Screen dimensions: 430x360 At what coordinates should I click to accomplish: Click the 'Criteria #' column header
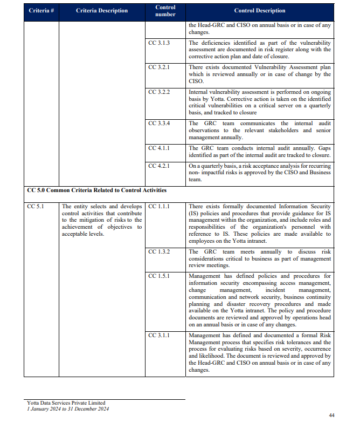40,11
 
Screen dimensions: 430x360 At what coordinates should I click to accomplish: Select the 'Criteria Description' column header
102,11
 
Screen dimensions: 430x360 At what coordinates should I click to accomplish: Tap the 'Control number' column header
165,11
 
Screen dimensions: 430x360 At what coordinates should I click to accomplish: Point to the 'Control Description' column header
260,11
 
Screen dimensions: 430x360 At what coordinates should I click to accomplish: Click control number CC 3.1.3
159,43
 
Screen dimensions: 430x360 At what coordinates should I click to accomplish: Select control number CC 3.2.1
159,67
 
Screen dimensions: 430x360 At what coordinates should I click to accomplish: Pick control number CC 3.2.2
159,92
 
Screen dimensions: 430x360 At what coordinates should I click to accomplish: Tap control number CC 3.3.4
159,124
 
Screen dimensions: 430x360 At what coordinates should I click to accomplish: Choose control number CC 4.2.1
159,166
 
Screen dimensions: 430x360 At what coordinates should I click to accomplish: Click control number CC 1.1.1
159,206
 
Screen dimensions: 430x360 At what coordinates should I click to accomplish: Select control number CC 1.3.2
159,251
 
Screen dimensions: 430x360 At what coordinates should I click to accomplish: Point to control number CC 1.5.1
159,276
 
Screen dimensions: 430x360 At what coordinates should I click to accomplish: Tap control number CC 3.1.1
159,335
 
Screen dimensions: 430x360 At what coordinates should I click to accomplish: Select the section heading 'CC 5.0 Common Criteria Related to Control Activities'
96,190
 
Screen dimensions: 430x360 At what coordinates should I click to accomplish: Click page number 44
331,415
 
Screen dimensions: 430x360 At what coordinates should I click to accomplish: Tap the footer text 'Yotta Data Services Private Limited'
66,403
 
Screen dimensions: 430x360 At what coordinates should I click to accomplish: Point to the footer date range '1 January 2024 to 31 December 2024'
68,409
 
